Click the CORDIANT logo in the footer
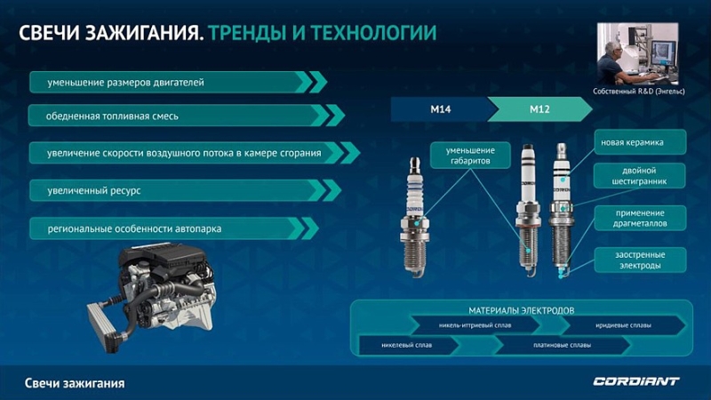[x=635, y=381]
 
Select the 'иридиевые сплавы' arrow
[x=622, y=325]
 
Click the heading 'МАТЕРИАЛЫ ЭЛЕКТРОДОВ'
[x=519, y=310]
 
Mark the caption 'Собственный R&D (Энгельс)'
[x=644, y=92]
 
